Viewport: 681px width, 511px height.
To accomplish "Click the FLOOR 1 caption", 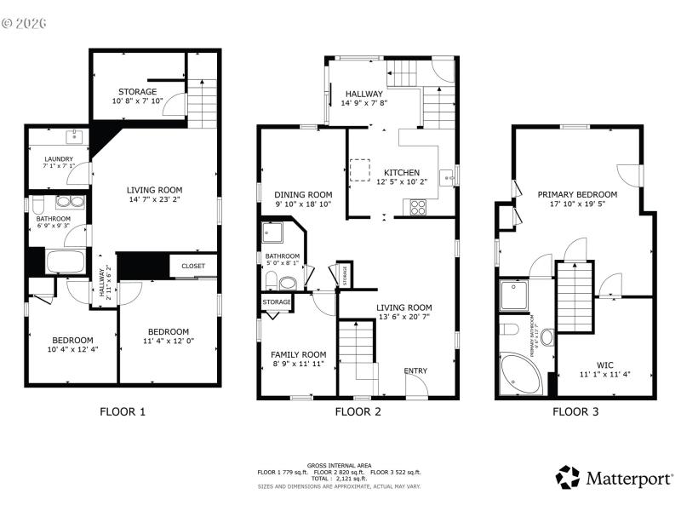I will pos(123,412).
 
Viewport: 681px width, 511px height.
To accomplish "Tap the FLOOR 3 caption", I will pos(575,412).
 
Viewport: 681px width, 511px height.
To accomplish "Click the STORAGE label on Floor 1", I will pos(137,91).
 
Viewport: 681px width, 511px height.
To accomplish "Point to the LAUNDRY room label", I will pos(59,158).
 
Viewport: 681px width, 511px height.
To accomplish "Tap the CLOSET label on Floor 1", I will pos(192,266).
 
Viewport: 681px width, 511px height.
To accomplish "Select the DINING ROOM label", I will pos(303,194).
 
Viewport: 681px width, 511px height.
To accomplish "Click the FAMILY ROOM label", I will pos(298,354).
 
